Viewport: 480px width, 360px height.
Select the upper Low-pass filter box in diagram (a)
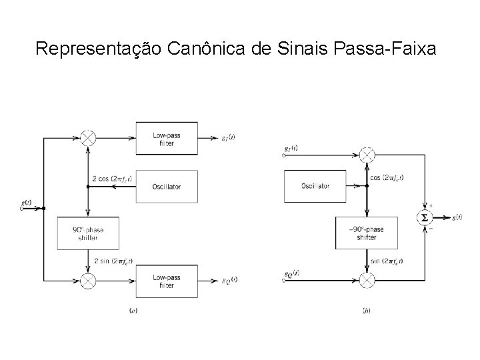(x=166, y=138)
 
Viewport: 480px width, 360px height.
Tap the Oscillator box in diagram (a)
(x=166, y=186)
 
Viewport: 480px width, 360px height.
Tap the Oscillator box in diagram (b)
(x=315, y=186)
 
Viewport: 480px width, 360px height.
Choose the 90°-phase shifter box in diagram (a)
(x=88, y=233)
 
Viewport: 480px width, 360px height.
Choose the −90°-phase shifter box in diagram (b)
(x=366, y=233)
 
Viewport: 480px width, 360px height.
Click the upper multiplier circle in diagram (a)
(x=88, y=138)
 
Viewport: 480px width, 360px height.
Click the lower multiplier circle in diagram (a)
(x=88, y=279)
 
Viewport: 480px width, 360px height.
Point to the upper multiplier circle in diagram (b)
(x=366, y=155)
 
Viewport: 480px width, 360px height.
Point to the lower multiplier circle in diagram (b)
(x=366, y=281)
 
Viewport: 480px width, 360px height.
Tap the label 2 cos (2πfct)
(x=111, y=179)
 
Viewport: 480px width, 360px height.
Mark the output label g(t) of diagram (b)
(x=458, y=217)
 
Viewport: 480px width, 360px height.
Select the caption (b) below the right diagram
(x=366, y=311)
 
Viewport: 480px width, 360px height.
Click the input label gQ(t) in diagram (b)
(x=291, y=273)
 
